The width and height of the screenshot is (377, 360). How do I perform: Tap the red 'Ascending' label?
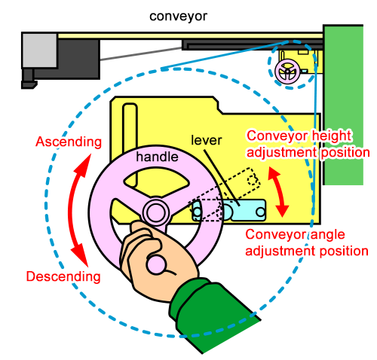[69, 142]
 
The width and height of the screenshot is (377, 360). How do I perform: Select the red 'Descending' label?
[63, 276]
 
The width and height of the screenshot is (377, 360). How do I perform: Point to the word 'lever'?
[206, 140]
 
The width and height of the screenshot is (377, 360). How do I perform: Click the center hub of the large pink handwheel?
[156, 211]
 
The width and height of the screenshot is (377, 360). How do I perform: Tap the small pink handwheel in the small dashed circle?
[287, 72]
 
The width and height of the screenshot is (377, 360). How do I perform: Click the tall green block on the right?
[349, 105]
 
